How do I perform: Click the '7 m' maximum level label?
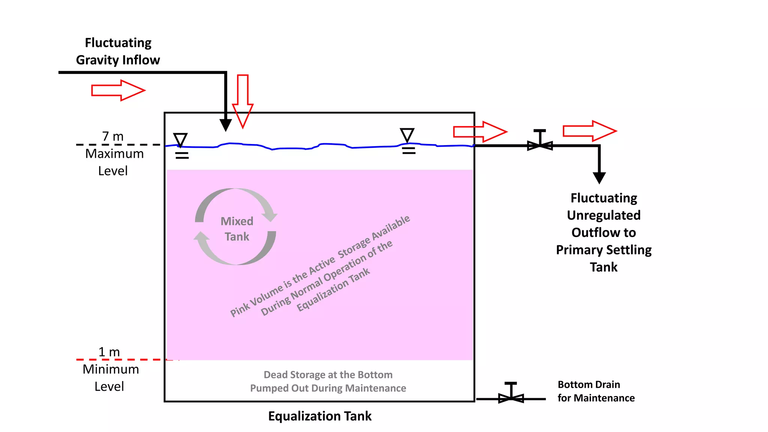click(112, 136)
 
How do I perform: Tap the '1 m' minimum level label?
click(109, 352)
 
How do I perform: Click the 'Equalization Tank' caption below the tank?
click(319, 416)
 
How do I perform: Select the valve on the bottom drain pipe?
click(511, 397)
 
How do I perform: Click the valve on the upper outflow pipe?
click(540, 144)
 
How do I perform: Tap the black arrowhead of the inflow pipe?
click(226, 125)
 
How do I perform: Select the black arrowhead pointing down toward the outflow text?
click(599, 177)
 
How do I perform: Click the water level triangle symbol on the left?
click(180, 139)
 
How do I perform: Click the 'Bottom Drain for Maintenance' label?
click(596, 391)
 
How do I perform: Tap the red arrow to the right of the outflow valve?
click(589, 131)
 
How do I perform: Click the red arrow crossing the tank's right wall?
click(480, 132)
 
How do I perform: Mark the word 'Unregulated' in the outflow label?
click(603, 215)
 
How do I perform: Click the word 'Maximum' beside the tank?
click(114, 154)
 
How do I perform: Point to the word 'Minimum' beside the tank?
click(111, 369)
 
